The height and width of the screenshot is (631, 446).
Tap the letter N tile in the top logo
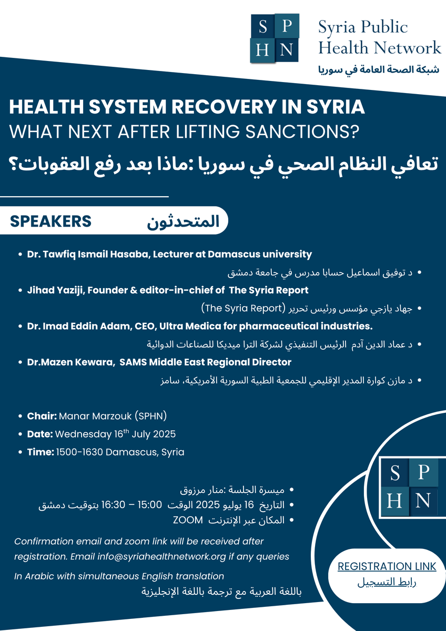(287, 50)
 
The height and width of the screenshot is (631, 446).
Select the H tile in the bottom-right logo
(396, 501)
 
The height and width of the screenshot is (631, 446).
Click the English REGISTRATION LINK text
(387, 566)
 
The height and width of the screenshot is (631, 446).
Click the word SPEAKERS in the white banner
(50, 221)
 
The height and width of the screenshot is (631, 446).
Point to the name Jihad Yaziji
(52, 290)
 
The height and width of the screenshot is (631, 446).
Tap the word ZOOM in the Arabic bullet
(188, 520)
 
